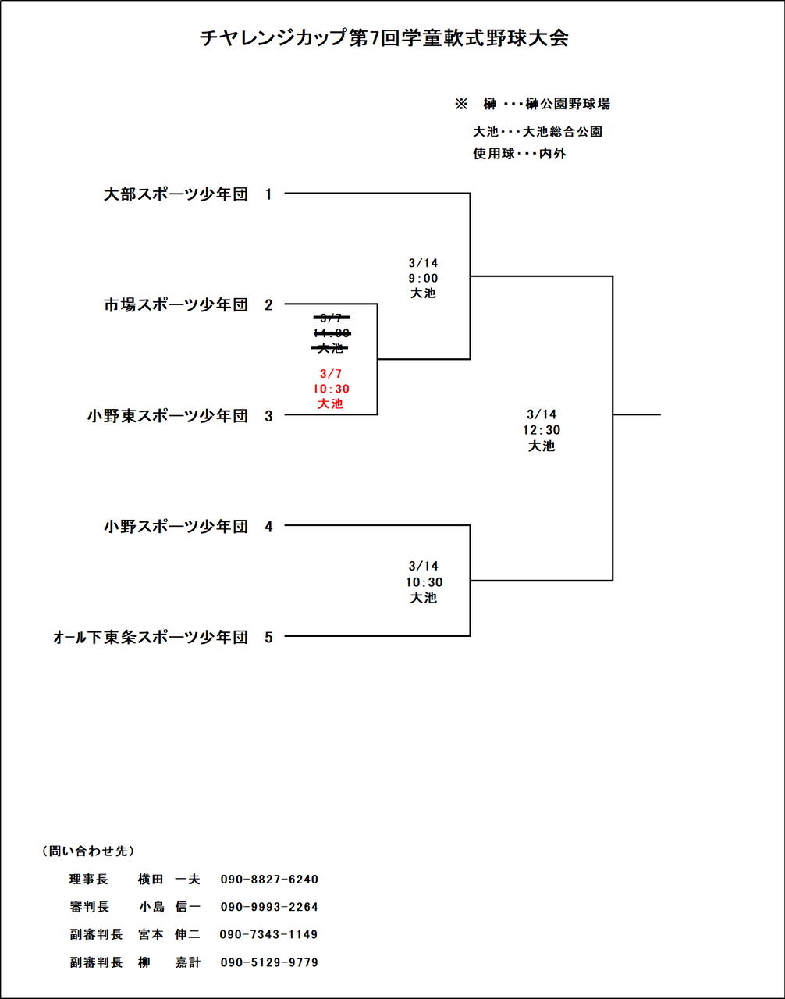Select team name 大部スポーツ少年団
(176, 194)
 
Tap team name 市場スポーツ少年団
(176, 305)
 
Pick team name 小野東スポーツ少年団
(168, 416)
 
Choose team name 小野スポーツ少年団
(176, 527)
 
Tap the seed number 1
(269, 194)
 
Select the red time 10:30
(331, 389)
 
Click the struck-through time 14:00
(331, 333)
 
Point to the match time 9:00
(424, 278)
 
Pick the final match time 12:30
(542, 430)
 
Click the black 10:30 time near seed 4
(424, 582)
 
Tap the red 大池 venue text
(331, 404)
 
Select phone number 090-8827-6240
(269, 880)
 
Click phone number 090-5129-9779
(269, 962)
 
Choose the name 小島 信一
(170, 907)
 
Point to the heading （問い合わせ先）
(87, 851)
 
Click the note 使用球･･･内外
(520, 154)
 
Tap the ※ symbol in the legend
(460, 104)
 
